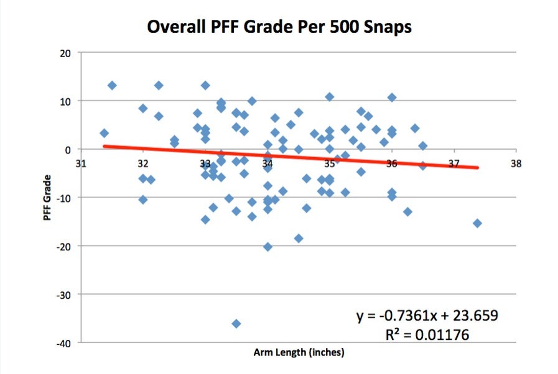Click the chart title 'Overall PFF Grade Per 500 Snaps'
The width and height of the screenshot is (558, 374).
[279, 28]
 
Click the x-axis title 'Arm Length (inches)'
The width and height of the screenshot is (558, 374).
[299, 352]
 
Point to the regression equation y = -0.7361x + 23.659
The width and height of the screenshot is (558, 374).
[427, 316]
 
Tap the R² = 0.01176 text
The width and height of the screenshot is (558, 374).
[427, 335]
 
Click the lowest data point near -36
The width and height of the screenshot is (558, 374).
[236, 324]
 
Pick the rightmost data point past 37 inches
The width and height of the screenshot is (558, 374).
[477, 223]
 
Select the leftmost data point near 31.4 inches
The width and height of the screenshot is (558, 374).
[104, 133]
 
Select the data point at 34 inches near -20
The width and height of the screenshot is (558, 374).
[267, 247]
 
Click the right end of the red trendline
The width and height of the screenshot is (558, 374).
[478, 167]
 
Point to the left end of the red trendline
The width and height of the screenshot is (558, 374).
[104, 147]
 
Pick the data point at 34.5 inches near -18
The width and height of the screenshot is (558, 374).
[299, 239]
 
